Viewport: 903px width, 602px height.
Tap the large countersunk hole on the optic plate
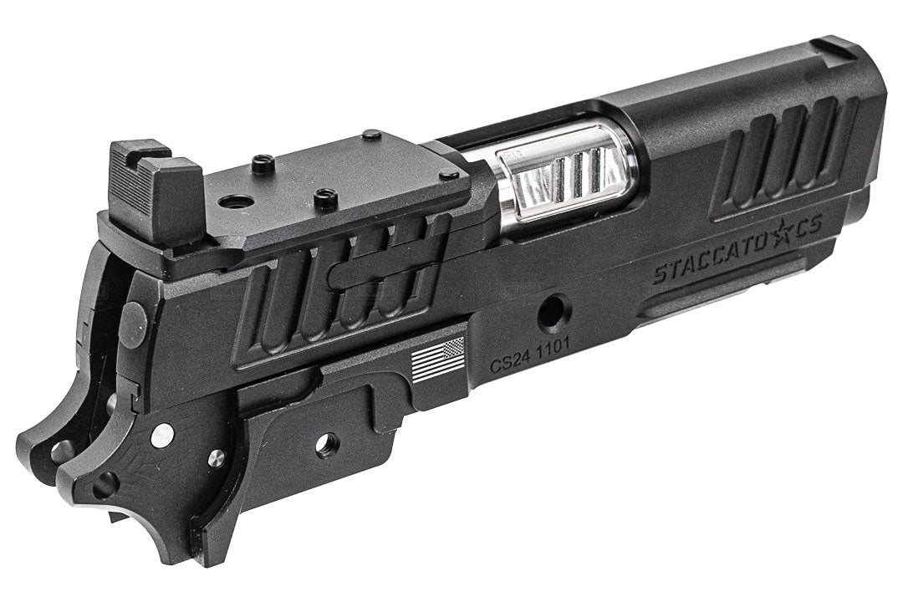pyautogui.click(x=237, y=202)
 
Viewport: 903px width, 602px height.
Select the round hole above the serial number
pyautogui.click(x=553, y=314)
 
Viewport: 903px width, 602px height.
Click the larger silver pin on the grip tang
pyautogui.click(x=161, y=436)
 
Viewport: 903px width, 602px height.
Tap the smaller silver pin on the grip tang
pyautogui.click(x=217, y=457)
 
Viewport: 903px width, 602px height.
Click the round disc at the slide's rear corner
pyautogui.click(x=134, y=324)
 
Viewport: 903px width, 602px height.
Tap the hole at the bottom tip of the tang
pyautogui.click(x=105, y=483)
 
